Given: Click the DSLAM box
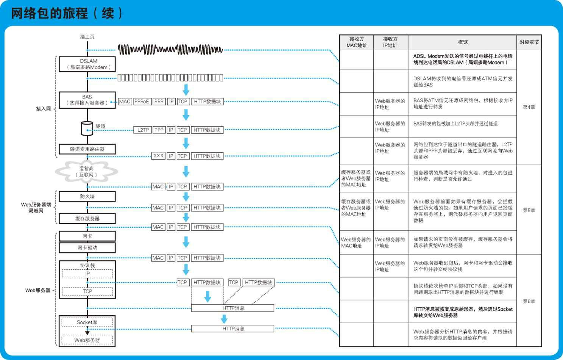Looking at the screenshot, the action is pos(87,64).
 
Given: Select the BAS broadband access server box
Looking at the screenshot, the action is pos(87,100).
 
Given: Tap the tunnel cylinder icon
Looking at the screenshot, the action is pos(87,128).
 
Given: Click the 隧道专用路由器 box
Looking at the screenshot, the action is pos(87,149).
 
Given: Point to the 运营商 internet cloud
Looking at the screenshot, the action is pos(86,172).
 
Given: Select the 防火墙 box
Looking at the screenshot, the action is pos(87,196).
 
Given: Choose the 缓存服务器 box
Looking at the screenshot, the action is pos(87,219).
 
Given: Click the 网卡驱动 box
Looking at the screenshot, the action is pos(87,247).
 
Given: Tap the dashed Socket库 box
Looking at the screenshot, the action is pos(87,322).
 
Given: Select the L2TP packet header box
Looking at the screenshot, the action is pos(142,130).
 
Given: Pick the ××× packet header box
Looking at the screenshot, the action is pos(158,156).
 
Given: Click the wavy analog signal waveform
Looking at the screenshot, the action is pos(170,50).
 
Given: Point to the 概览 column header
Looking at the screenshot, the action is pos(463,42).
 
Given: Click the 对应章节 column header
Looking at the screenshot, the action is pos(529,42).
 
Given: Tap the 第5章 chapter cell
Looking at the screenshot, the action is pos(529,210).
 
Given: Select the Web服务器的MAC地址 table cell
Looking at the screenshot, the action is pos(356,243).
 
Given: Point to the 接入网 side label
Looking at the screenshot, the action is pos(44,109).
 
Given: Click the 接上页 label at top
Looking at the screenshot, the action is pos(87,37).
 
